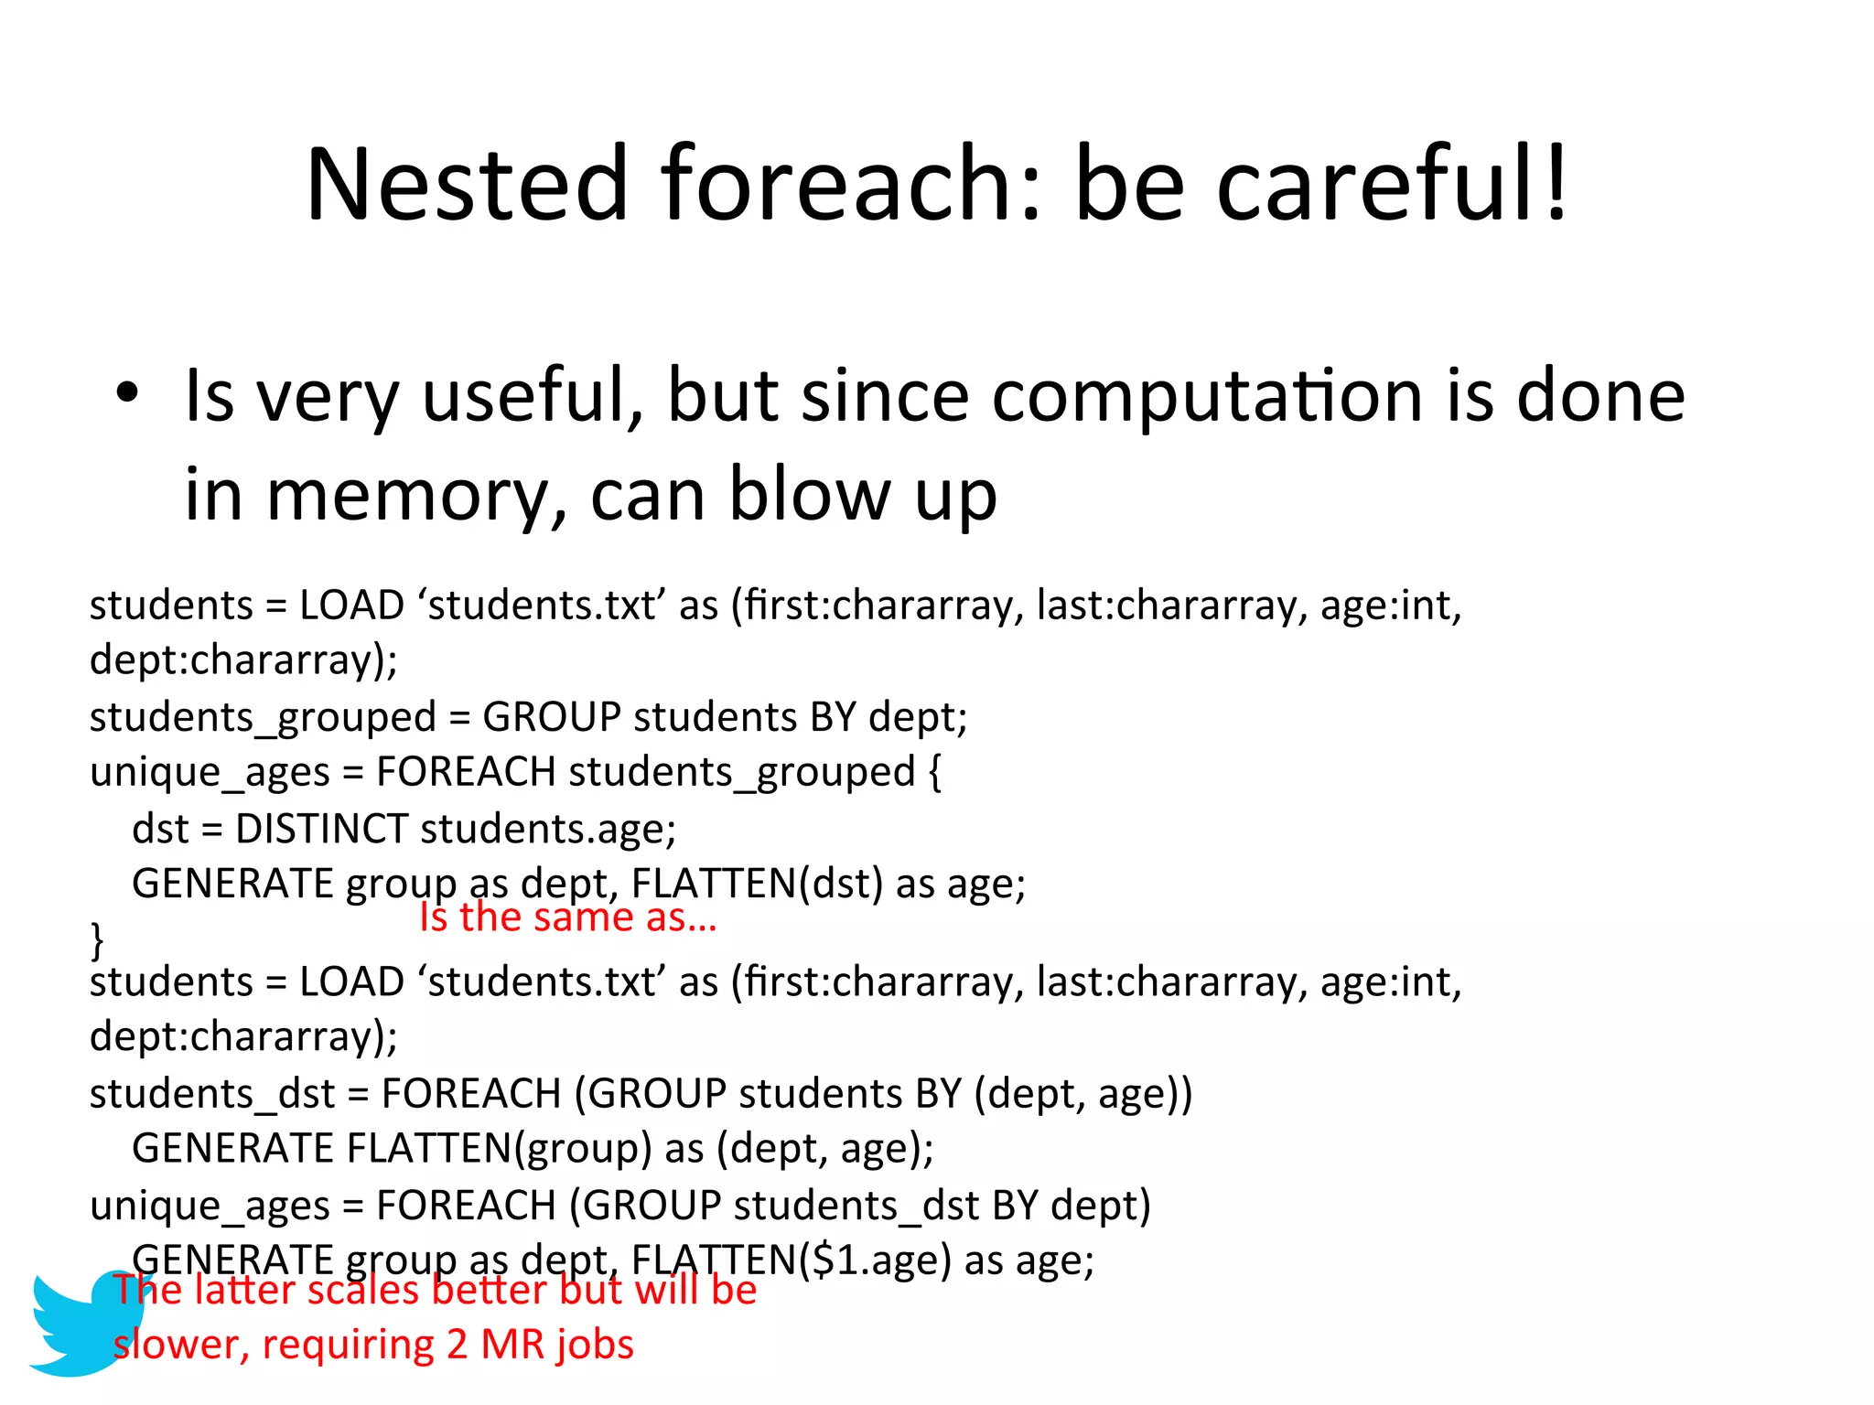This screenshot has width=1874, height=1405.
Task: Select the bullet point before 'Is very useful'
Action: pos(127,393)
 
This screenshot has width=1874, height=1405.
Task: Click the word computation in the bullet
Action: pos(1208,396)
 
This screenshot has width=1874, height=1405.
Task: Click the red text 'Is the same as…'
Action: pos(567,917)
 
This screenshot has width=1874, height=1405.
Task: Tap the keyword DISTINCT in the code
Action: pos(321,829)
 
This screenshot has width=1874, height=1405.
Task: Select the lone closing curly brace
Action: pos(97,939)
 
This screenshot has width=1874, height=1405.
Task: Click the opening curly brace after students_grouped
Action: pos(934,772)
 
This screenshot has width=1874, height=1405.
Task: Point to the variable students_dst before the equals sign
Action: pos(211,1094)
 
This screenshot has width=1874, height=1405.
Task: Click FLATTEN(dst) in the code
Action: pos(757,884)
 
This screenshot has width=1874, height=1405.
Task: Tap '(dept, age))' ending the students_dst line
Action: pos(1083,1094)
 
